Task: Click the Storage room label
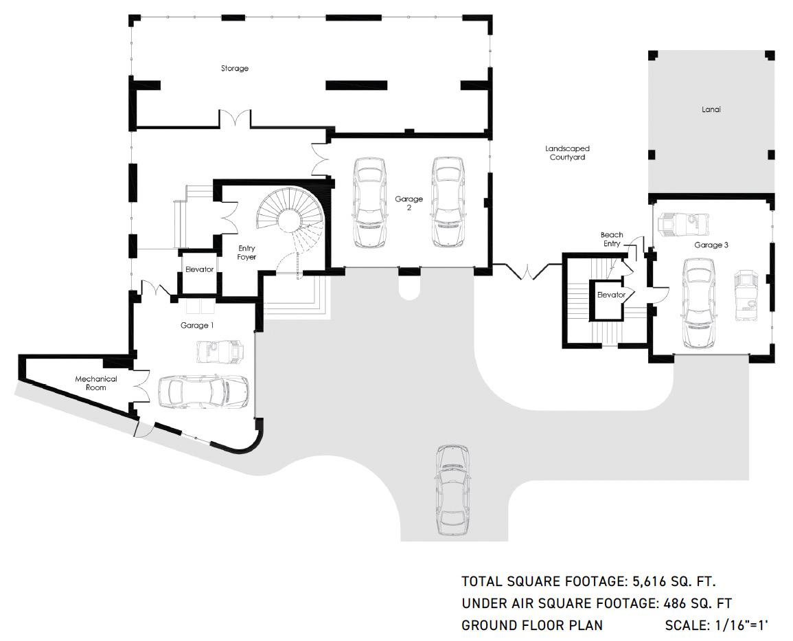(x=235, y=68)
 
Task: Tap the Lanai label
(x=711, y=109)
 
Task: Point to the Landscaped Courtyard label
(x=567, y=153)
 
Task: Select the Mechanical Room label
(x=96, y=383)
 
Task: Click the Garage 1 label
(x=197, y=325)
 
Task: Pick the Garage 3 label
(x=711, y=245)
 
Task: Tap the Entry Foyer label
(x=246, y=252)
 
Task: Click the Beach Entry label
(x=612, y=239)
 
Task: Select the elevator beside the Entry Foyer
(x=199, y=271)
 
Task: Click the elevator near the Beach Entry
(x=611, y=300)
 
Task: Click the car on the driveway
(x=452, y=490)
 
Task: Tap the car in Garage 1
(x=203, y=392)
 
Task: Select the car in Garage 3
(x=699, y=303)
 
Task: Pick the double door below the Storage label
(x=234, y=120)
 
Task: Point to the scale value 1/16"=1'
(x=742, y=625)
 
